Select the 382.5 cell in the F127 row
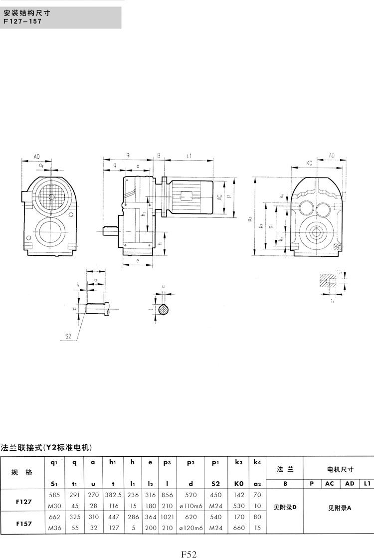click(114, 495)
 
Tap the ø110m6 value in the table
click(191, 505)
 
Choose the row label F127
click(22, 501)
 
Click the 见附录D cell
click(285, 507)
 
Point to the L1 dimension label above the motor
click(189, 156)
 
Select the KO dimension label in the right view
click(309, 164)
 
